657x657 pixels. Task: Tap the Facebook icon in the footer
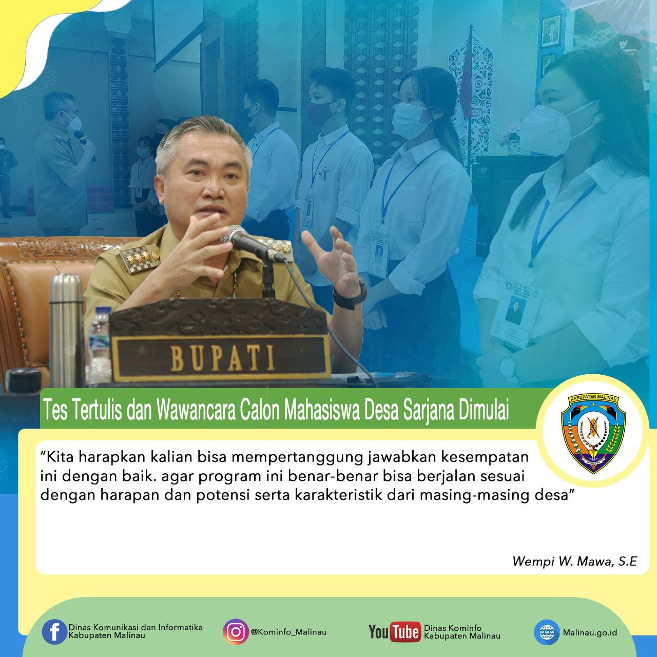[54, 632]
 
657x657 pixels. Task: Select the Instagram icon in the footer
[236, 632]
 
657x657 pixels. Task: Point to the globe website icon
[546, 632]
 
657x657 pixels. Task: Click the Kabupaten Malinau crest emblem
[593, 434]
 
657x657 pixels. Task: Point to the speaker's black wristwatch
[350, 295]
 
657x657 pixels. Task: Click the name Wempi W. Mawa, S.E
[574, 561]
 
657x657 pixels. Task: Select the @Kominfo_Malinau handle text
[288, 632]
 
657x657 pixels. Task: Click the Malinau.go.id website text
[590, 632]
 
